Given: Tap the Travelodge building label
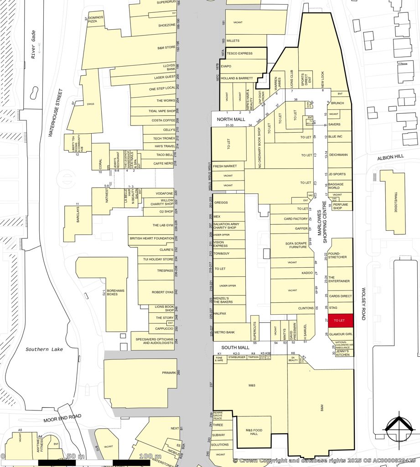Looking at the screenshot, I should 396,202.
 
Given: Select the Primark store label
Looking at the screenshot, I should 169,373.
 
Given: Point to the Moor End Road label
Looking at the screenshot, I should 62,418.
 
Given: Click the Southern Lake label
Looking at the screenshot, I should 44,349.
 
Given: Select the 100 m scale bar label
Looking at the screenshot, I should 150,457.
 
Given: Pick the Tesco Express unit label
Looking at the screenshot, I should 240,53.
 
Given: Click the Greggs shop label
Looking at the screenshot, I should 221,202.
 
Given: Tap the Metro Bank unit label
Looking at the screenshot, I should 224,332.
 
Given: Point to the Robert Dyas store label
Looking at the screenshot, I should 163,292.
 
